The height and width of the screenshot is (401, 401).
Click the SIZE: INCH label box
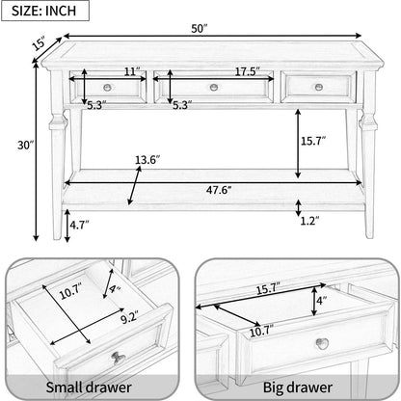45,11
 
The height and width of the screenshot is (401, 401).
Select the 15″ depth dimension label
40,43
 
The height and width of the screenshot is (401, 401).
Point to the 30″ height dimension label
26,146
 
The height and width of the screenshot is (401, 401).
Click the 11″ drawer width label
132,71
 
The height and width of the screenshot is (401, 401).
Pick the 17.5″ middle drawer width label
247,71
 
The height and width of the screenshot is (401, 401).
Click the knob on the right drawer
319,87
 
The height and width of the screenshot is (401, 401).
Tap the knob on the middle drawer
214,87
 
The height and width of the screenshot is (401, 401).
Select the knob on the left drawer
108,87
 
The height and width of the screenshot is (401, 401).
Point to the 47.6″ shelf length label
219,190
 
